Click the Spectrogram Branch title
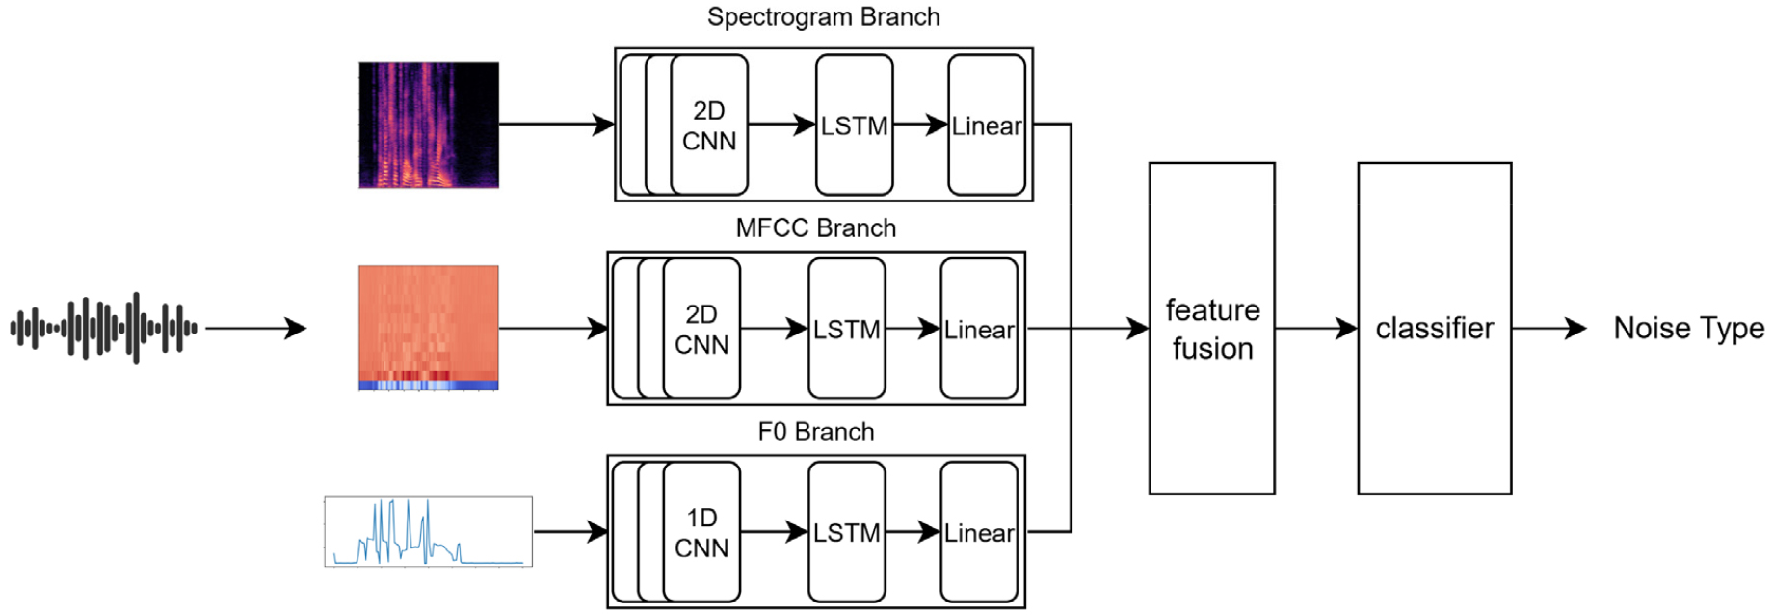pos(823,17)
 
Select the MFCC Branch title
pos(815,228)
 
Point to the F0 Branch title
pos(815,432)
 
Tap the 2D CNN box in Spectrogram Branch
pos(709,125)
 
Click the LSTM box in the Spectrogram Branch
pos(854,125)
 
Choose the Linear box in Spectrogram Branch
pos(987,125)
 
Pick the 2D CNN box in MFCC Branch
pos(701,329)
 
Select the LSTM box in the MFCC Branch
pos(846,329)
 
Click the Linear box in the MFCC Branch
pos(979,329)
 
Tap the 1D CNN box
pos(701,532)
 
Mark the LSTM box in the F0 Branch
pos(846,532)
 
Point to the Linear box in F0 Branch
pos(979,532)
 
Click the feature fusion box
pos(1212,329)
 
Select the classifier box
pos(1434,329)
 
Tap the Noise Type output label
pos(1688,329)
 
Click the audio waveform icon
pos(104,329)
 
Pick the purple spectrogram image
pos(429,125)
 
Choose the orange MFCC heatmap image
pos(429,328)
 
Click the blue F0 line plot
pos(429,532)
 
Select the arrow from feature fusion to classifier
pos(1316,329)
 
